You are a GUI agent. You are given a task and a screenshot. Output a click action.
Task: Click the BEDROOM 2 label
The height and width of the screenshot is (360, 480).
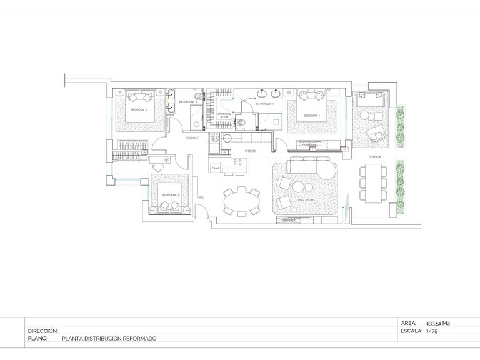[x=139, y=109]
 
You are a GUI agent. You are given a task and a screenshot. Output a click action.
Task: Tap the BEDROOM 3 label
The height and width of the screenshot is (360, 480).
[x=170, y=195]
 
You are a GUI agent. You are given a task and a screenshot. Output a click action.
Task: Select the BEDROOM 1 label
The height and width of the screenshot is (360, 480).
[x=312, y=116]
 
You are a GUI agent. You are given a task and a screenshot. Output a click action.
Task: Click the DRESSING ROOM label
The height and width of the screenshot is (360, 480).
[x=224, y=114]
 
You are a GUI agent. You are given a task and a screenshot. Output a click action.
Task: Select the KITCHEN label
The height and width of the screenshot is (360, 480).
[x=250, y=151]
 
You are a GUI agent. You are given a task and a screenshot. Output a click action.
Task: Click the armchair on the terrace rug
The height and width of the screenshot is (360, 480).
[x=377, y=133]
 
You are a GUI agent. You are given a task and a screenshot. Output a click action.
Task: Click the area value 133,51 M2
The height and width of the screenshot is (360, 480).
[x=438, y=323]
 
